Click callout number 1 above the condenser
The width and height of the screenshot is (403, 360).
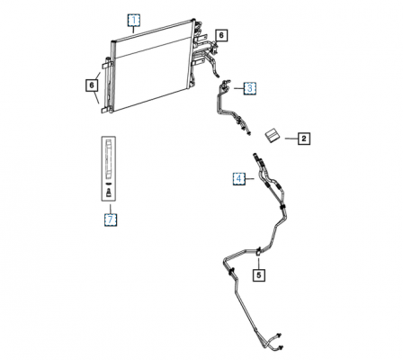coord(134,21)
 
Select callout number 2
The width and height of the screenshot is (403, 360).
coord(304,139)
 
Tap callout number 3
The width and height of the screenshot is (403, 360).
coord(250,88)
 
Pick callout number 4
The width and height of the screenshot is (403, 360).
coord(239,179)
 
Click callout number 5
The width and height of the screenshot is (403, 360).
coord(259,274)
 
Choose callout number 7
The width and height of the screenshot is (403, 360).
coord(111,220)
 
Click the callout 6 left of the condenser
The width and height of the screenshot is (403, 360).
coord(92,85)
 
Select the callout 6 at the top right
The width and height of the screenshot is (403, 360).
coord(221,35)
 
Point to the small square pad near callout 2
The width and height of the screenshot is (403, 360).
coord(272,136)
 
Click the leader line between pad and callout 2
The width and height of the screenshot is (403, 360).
coord(291,139)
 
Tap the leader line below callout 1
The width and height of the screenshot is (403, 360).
coord(134,30)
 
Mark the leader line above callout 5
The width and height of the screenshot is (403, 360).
coord(259,262)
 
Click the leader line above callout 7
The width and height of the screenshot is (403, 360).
coord(111,209)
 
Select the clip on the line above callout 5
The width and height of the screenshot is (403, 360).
coord(258,251)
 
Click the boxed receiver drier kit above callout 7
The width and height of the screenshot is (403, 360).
coord(109,168)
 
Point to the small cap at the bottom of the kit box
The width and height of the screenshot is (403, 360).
coord(109,193)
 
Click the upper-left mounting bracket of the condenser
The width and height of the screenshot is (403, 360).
coord(107,65)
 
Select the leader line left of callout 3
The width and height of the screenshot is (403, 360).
coord(238,88)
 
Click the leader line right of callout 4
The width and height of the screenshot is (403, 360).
coord(250,179)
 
